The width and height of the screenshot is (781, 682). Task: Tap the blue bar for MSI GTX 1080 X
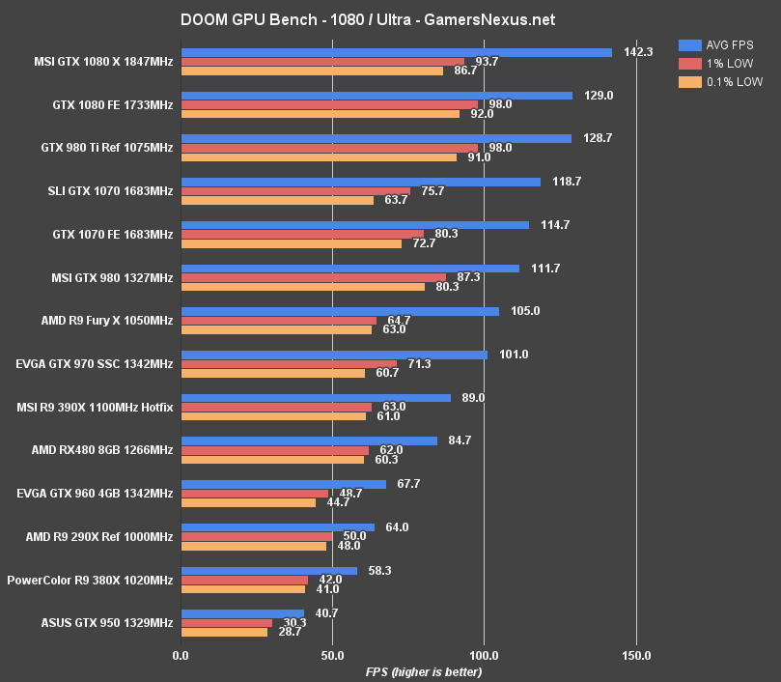(x=396, y=52)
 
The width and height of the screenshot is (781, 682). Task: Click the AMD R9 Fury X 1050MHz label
(x=107, y=321)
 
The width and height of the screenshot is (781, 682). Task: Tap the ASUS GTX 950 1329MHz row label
(x=106, y=623)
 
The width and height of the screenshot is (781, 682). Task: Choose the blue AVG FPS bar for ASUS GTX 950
(x=242, y=613)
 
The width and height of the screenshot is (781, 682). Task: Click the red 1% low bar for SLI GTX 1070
(x=295, y=191)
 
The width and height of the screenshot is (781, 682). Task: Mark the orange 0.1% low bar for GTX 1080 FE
(x=321, y=114)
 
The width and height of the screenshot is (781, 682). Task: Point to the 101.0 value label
(x=514, y=355)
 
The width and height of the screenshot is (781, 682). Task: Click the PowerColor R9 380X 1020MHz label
(x=90, y=580)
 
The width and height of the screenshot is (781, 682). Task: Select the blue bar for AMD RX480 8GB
(x=309, y=440)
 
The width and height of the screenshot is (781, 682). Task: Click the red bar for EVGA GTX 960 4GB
(x=255, y=494)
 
